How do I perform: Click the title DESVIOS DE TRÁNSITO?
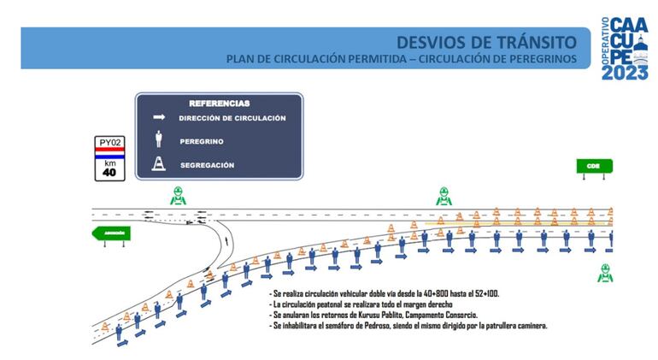click(x=485, y=41)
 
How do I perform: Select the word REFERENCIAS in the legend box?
click(x=220, y=103)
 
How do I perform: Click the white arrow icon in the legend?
click(x=158, y=118)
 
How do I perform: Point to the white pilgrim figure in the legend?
click(x=158, y=139)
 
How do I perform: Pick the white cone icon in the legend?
click(x=158, y=164)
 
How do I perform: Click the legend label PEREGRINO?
click(x=198, y=140)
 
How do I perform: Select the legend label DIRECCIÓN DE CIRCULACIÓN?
click(x=232, y=118)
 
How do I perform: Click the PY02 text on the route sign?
click(x=110, y=142)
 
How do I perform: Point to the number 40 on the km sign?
click(x=109, y=172)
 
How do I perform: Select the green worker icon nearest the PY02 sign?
click(x=177, y=195)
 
